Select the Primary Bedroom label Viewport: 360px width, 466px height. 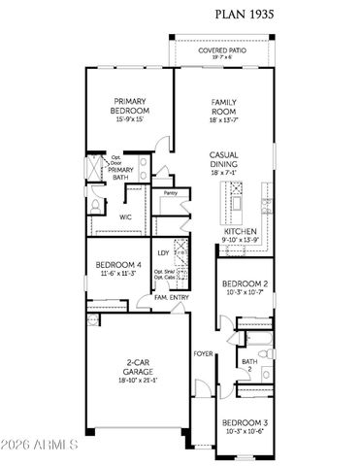click(129, 105)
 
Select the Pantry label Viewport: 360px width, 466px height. click(171, 193)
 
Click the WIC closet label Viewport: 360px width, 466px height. click(125, 217)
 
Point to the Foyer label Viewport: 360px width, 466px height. click(202, 352)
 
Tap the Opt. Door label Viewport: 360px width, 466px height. click(115, 159)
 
